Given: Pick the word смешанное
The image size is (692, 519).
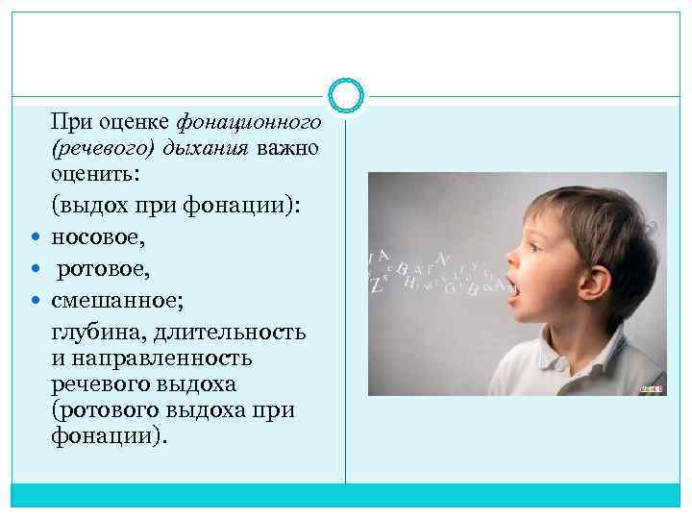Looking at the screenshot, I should coord(114,300).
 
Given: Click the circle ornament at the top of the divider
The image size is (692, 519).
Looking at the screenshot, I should coord(345,95).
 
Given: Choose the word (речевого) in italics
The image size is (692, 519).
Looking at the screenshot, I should coord(101,150).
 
